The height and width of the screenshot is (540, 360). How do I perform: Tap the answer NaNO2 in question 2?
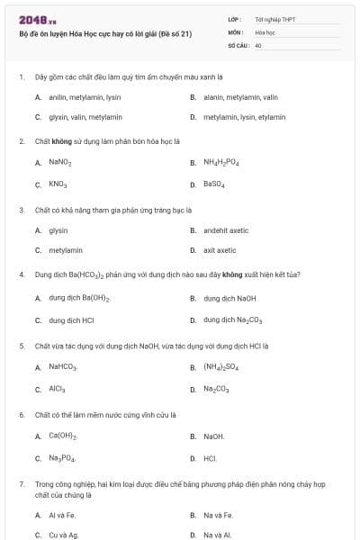coord(59,163)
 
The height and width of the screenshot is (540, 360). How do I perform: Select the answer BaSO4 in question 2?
coord(213,184)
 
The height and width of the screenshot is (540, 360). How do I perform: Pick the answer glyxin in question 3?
coord(58,230)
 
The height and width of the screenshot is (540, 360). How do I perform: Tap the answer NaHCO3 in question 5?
coord(63,367)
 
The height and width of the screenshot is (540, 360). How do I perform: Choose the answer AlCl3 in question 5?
coord(58,390)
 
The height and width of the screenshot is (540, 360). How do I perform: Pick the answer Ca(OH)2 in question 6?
coord(62,436)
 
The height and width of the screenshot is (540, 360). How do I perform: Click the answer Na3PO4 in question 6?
coord(62,458)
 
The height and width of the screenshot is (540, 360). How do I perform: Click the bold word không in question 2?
coord(62,141)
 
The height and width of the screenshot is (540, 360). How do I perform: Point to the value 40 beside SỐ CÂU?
coord(258,44)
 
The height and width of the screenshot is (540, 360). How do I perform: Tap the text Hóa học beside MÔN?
coord(265,31)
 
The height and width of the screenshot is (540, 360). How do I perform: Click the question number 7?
coord(22,484)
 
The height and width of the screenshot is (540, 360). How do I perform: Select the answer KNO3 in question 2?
coord(58,184)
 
